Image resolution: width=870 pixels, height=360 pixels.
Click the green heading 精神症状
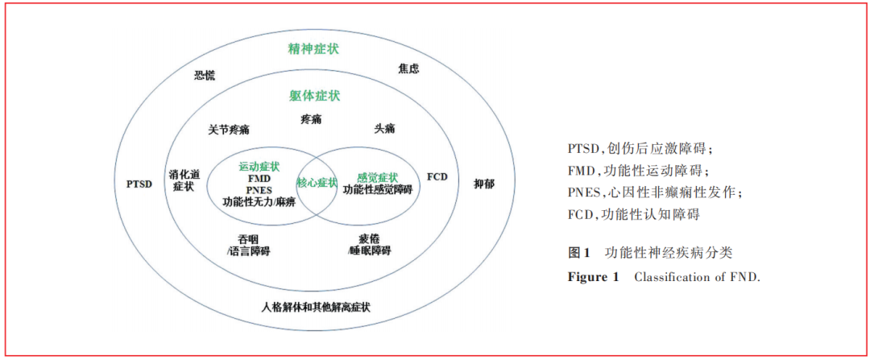click(314, 49)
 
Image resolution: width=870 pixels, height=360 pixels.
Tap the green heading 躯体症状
click(315, 96)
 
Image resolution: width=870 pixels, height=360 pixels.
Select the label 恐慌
click(205, 75)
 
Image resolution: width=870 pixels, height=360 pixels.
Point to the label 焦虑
click(408, 69)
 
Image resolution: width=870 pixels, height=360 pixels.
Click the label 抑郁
click(484, 184)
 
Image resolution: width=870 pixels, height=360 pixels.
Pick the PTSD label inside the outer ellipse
click(139, 183)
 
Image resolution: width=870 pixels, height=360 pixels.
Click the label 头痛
click(384, 128)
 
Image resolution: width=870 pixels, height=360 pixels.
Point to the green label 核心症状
click(317, 183)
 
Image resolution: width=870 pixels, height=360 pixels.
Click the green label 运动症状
click(259, 167)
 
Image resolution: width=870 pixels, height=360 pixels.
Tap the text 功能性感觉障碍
click(377, 189)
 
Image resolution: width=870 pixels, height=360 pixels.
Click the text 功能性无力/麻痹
click(259, 201)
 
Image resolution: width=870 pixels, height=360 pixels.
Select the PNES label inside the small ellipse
click(259, 190)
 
